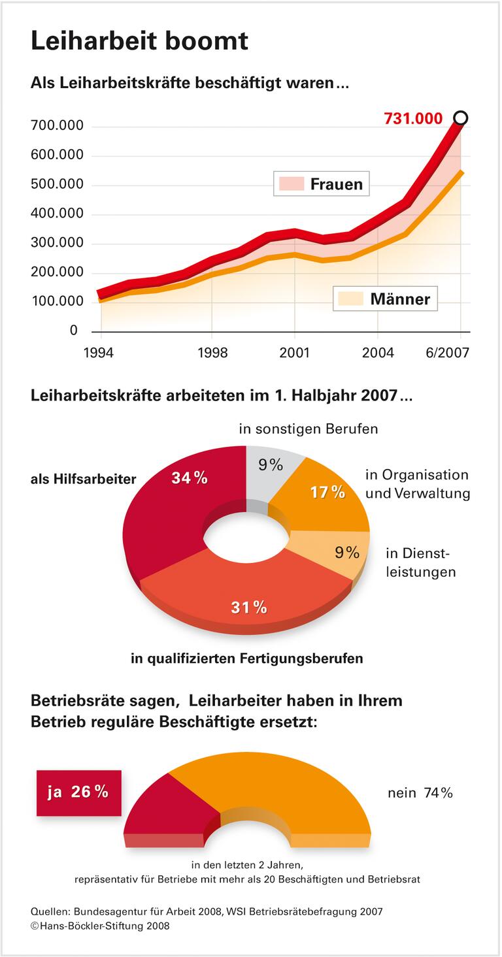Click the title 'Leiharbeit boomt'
click(139, 41)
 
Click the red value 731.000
click(413, 119)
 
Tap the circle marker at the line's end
click(460, 118)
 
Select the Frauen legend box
click(322, 184)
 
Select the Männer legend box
click(384, 299)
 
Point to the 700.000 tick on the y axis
click(57, 125)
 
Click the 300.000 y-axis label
click(57, 243)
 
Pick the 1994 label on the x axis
click(98, 353)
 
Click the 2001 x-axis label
click(294, 353)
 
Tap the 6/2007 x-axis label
click(447, 353)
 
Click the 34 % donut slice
click(170, 510)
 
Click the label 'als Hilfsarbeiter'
click(83, 479)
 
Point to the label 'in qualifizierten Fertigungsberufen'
click(246, 658)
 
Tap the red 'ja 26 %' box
click(78, 792)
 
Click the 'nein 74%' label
click(420, 793)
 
